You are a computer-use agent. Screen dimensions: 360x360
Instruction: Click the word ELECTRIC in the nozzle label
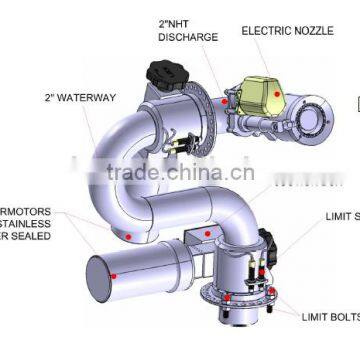263,30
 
